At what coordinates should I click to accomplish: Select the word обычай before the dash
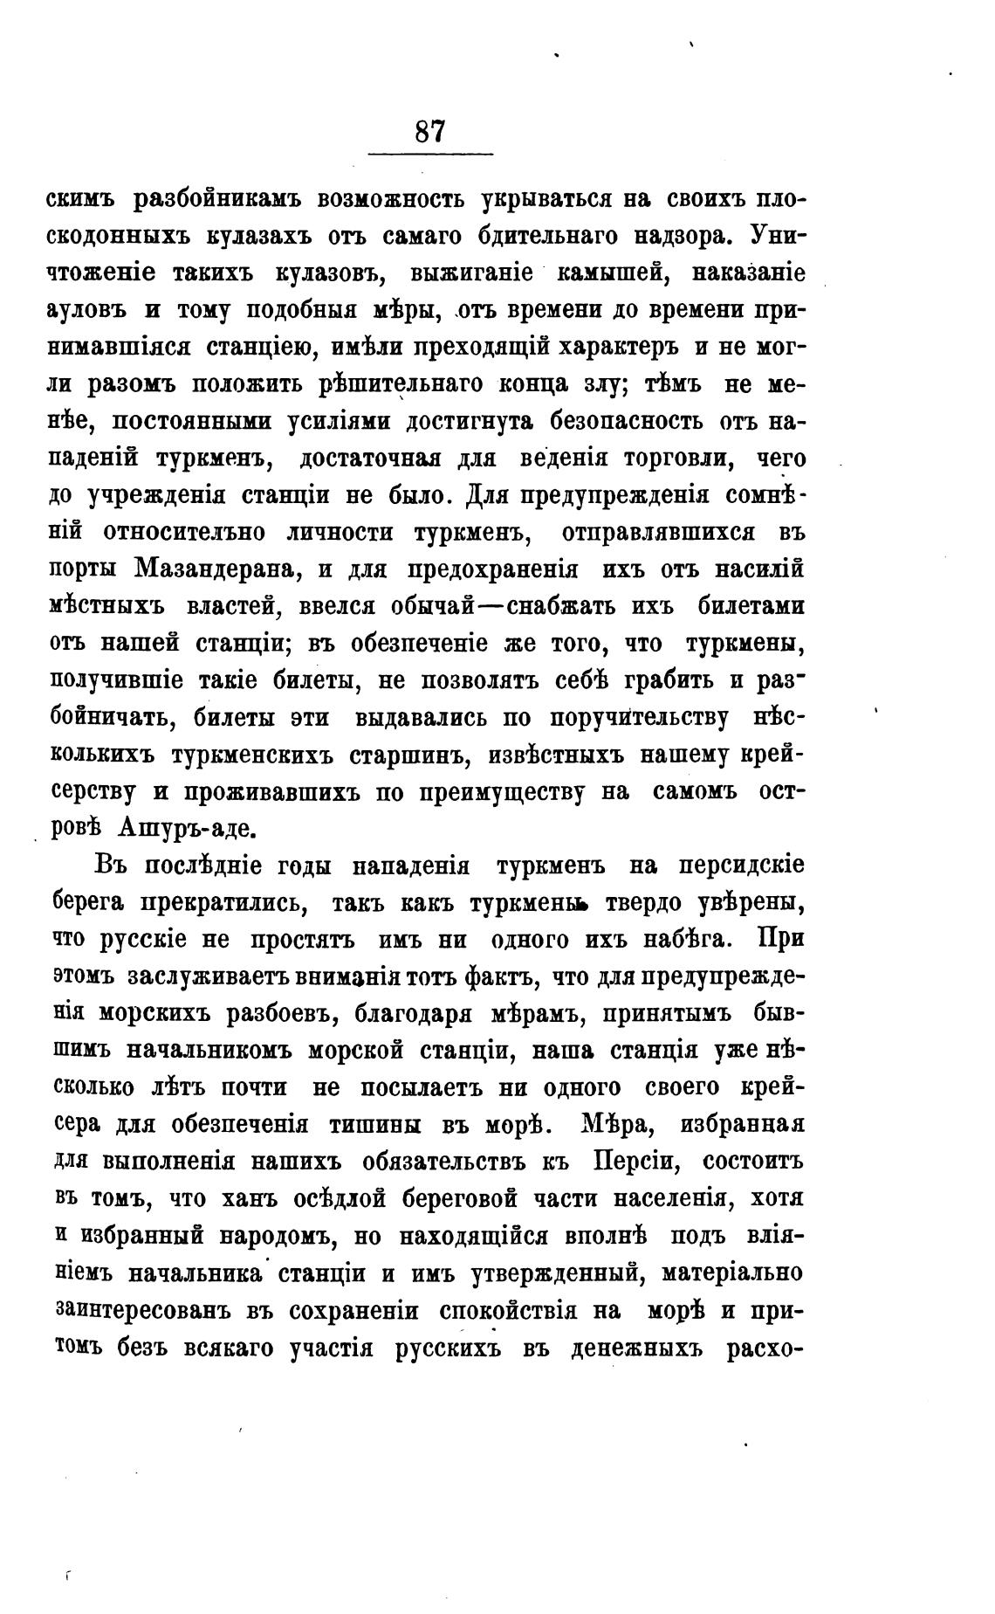pos(432,606)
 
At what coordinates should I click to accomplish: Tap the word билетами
pos(751,606)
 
